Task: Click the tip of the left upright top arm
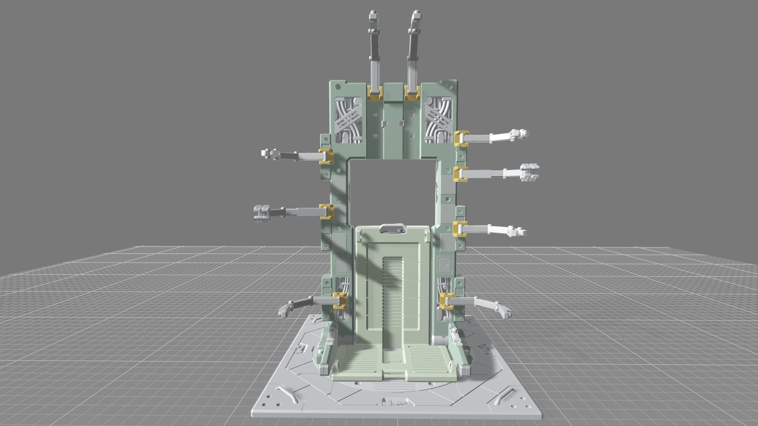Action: coord(373,17)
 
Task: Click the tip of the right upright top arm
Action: coord(415,16)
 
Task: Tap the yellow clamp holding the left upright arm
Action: coord(375,93)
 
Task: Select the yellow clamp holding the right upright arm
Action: coord(411,93)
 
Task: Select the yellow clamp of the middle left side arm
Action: coord(326,211)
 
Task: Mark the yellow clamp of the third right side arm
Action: coord(460,229)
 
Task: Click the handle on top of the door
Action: coord(393,229)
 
